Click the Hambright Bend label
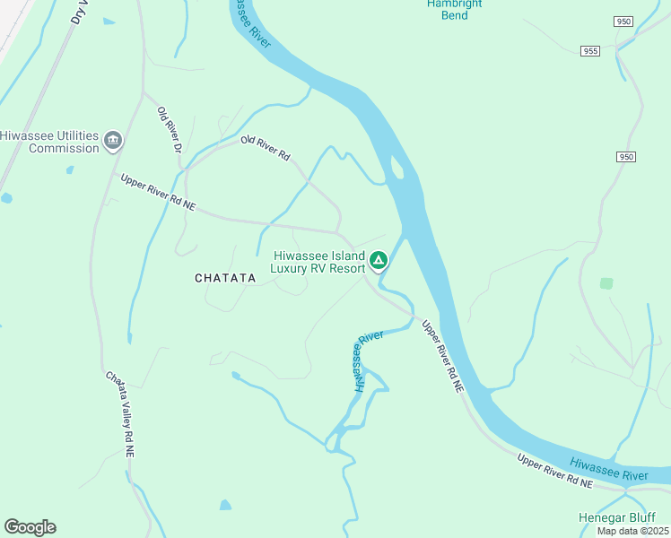click(454, 9)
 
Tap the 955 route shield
click(589, 51)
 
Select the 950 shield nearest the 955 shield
click(624, 21)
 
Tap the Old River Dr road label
click(170, 129)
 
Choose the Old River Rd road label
click(266, 148)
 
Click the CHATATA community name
click(225, 279)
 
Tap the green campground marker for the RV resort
click(379, 261)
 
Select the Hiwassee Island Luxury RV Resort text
click(319, 261)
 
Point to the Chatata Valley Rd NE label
click(120, 415)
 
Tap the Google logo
click(30, 527)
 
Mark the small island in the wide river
click(396, 167)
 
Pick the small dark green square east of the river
click(606, 283)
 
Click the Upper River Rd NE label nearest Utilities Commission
click(158, 192)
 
